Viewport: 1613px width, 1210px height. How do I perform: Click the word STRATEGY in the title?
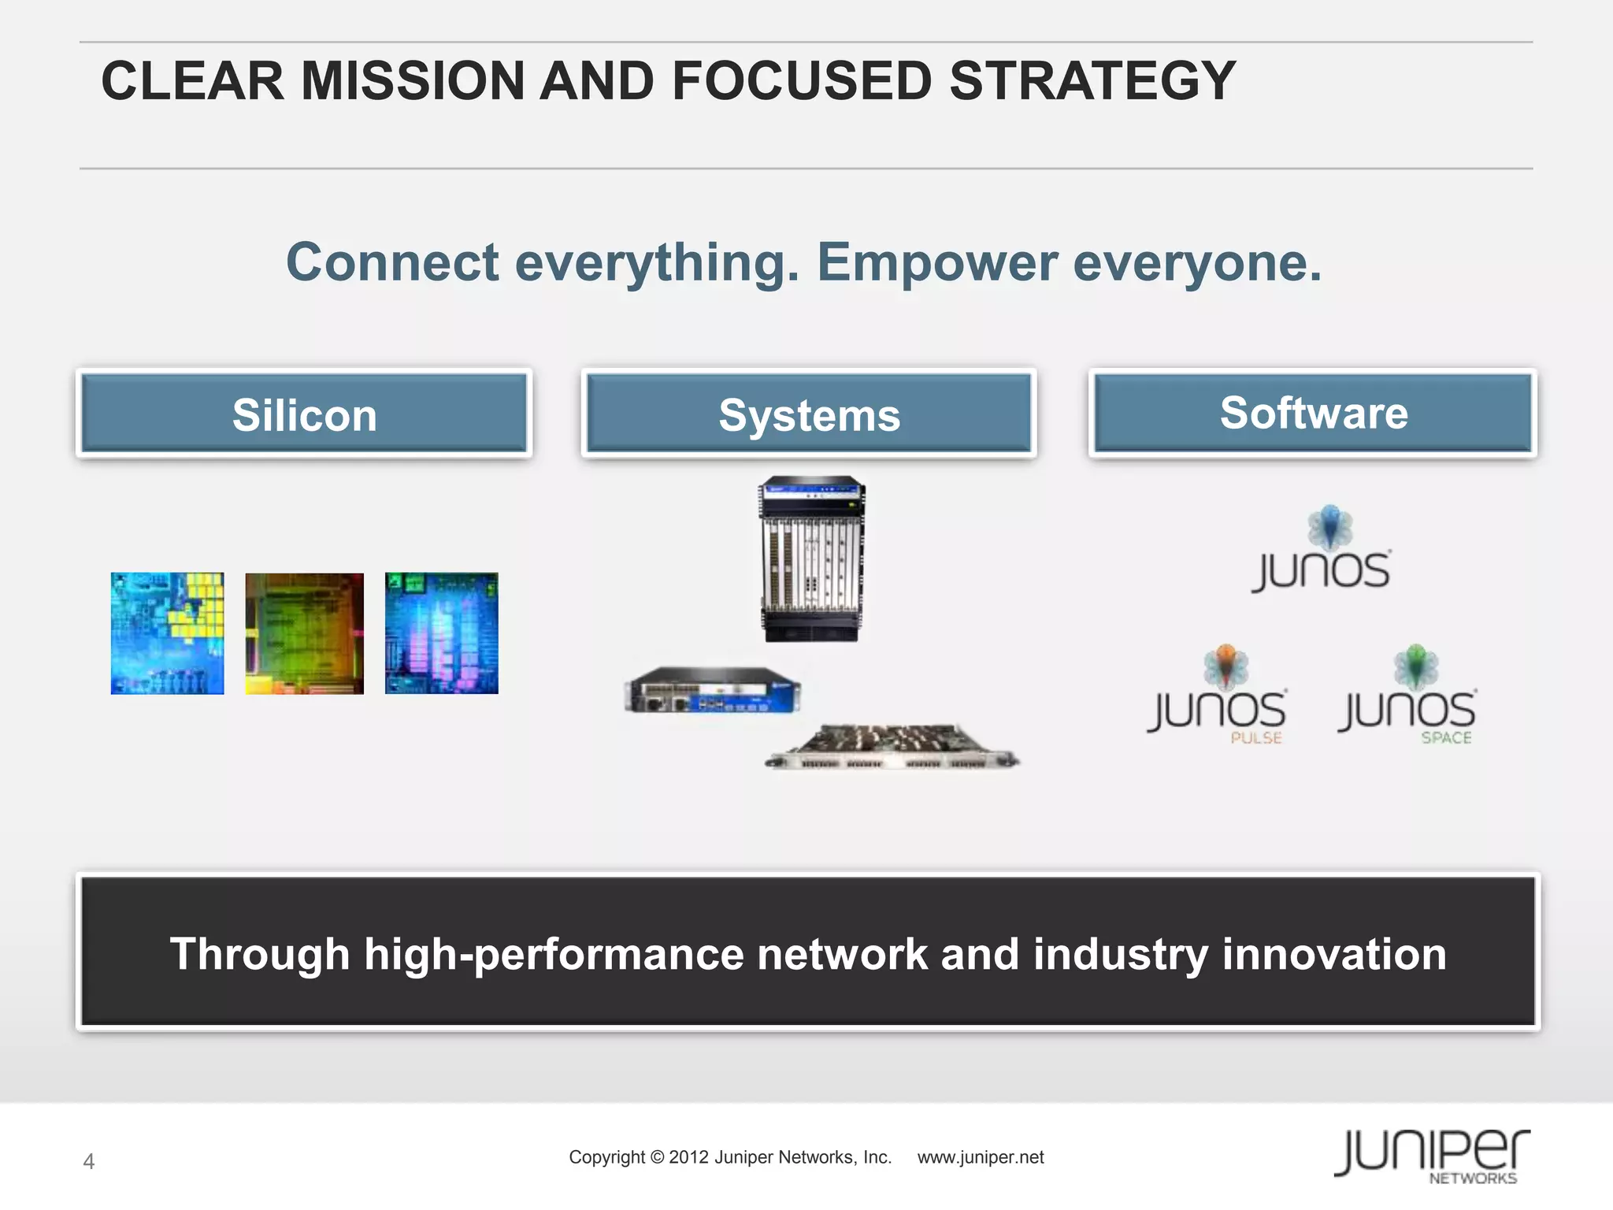coord(1092,81)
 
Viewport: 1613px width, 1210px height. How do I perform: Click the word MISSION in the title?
coord(413,81)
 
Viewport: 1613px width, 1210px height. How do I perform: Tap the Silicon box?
coord(304,414)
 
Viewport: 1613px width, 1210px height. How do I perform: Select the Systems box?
coord(809,414)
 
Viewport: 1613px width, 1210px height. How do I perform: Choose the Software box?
coord(1313,413)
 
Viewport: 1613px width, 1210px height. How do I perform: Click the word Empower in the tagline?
coord(936,262)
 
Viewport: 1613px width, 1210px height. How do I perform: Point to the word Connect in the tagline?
coord(392,262)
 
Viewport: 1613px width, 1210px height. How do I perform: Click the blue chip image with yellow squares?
coord(167,633)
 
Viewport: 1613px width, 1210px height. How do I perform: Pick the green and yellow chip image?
coord(304,633)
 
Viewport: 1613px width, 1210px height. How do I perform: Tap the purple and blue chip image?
coord(441,633)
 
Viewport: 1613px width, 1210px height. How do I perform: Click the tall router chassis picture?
coord(812,559)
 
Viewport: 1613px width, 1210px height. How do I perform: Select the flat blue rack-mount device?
coord(712,690)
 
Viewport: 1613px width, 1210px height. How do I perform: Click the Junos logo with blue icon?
coord(1322,551)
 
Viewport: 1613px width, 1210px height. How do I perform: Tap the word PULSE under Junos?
coord(1256,738)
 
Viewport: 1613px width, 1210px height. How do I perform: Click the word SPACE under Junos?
coord(1446,738)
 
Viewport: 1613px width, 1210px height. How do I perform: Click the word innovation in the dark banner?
coord(1334,954)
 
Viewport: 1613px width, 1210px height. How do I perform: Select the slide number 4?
coord(89,1161)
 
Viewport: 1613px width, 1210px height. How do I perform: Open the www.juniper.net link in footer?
coord(981,1157)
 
